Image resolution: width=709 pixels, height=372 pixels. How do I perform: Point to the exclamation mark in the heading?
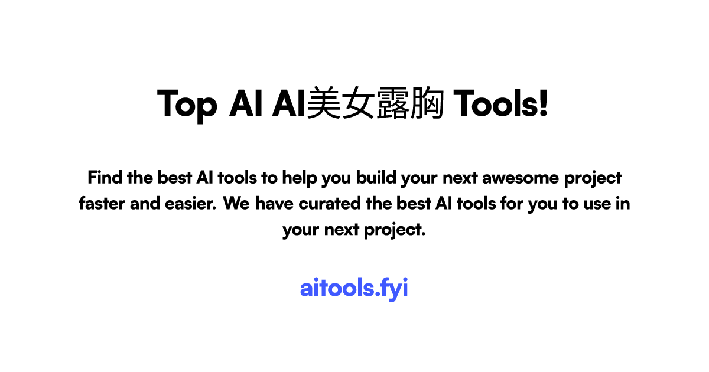click(x=544, y=103)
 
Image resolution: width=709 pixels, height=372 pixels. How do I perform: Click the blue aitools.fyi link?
click(x=354, y=288)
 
